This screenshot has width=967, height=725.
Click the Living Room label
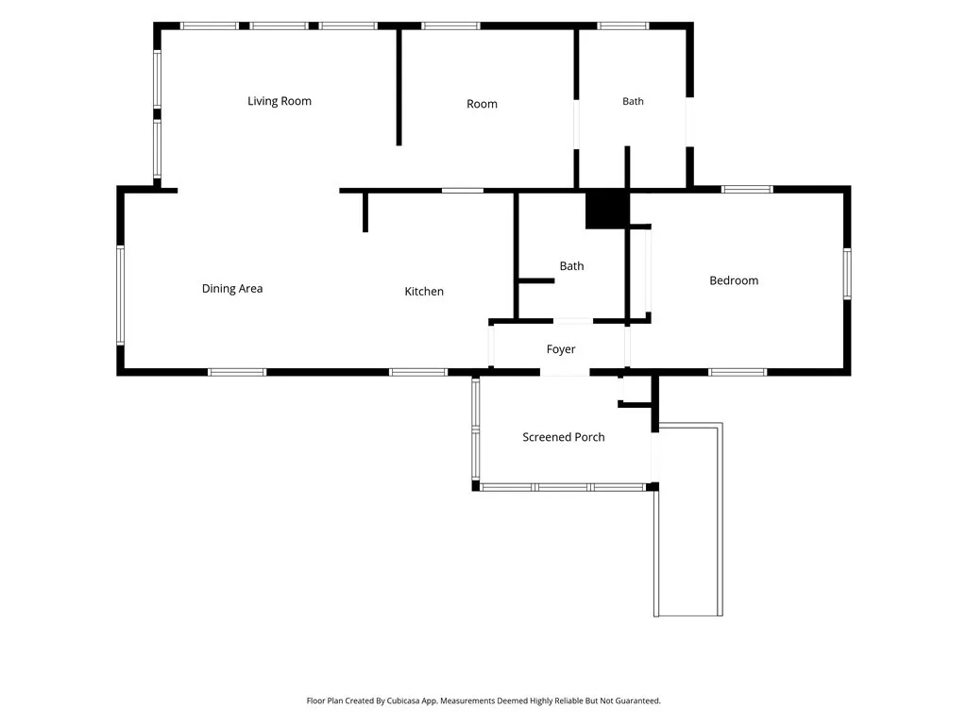click(280, 101)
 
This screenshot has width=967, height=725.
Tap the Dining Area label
click(232, 289)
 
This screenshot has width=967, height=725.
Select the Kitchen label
click(424, 291)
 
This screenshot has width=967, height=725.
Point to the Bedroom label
click(734, 280)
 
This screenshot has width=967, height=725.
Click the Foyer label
click(561, 349)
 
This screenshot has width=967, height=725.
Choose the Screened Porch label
click(564, 437)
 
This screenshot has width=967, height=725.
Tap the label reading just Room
click(482, 104)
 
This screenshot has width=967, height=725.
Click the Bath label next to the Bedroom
click(571, 265)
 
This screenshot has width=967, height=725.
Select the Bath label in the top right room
click(633, 101)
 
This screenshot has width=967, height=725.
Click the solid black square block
click(606, 209)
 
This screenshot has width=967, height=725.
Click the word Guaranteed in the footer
click(639, 701)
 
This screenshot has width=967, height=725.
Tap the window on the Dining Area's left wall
click(120, 295)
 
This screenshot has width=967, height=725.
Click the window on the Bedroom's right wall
click(847, 274)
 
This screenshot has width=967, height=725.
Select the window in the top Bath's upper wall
click(623, 25)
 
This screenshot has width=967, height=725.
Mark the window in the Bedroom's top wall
click(747, 189)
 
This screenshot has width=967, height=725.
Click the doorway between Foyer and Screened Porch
click(565, 372)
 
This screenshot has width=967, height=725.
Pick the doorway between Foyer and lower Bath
click(573, 321)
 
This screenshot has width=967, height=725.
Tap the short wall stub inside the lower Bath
click(536, 281)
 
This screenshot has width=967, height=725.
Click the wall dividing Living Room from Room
click(399, 87)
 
